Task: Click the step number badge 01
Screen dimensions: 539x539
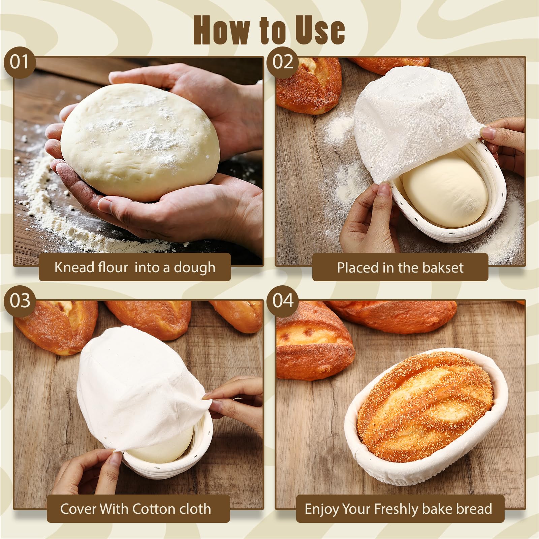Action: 20,62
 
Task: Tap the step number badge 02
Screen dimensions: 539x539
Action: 283,62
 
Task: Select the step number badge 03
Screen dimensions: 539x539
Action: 20,301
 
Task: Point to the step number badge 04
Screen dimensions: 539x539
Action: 283,301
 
